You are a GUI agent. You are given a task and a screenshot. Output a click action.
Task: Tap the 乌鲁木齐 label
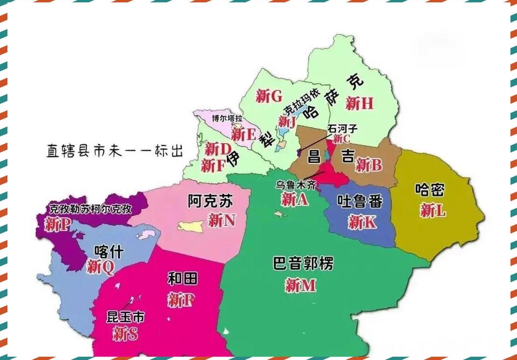point(296,185)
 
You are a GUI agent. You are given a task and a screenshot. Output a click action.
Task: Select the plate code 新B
point(368,165)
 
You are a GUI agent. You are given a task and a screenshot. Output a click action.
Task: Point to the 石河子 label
point(342,129)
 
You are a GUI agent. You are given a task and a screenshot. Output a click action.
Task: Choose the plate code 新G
point(268,95)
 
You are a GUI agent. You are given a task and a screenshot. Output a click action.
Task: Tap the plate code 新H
point(359,103)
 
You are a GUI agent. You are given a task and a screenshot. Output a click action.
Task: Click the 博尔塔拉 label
point(227,119)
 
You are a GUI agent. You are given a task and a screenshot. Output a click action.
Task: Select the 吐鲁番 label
point(360,201)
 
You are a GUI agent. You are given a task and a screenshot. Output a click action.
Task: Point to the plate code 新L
point(433,211)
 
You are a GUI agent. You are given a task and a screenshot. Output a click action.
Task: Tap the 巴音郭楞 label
point(303,264)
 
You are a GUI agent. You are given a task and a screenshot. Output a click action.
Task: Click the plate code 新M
point(300,285)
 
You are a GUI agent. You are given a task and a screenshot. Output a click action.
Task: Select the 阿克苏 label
point(210,201)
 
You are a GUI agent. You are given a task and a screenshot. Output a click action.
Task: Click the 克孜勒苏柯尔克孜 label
point(90,209)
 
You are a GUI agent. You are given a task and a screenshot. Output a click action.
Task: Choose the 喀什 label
point(108,252)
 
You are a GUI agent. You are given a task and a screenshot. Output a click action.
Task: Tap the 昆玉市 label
point(126,317)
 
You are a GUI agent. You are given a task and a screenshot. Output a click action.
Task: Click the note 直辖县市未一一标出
point(115,151)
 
